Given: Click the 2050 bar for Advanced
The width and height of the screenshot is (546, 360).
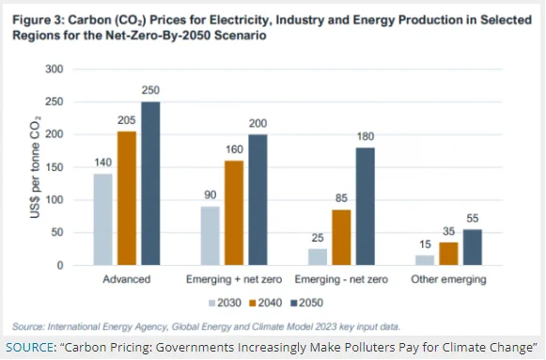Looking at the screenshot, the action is coord(150,183).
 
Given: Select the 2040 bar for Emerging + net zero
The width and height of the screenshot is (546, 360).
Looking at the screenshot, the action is coord(234,212).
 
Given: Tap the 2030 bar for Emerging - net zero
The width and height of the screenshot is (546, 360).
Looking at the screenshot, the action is coord(318,257).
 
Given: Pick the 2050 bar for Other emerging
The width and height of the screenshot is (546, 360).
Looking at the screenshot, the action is coord(473,247).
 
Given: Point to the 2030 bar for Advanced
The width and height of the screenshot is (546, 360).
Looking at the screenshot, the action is coord(102,219).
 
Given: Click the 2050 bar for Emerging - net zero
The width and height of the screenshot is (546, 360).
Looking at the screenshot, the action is coord(366,207).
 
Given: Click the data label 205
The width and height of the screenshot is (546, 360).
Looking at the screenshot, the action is coord(127,120).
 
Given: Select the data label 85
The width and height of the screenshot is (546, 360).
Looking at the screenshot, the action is coord(341,198).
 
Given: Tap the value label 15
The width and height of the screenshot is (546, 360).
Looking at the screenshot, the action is coord(425,244).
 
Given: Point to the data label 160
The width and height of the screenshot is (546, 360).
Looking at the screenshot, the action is coord(234,149).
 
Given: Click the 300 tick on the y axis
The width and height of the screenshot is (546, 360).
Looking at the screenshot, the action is coord(55,69).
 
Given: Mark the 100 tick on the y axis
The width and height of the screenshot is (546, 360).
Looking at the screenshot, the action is coord(55,200).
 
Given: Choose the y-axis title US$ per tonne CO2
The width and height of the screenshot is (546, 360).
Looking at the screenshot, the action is coord(35,167).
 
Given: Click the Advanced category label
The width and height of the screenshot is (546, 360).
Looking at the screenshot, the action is coord(127,279).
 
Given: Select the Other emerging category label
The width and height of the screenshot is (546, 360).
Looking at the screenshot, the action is coord(448,279).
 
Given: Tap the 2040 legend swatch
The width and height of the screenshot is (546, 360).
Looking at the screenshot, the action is coord(253,304).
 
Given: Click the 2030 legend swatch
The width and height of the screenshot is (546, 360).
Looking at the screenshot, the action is coord(211,304).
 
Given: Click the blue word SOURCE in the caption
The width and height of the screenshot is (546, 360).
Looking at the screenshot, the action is coord(29,347).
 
